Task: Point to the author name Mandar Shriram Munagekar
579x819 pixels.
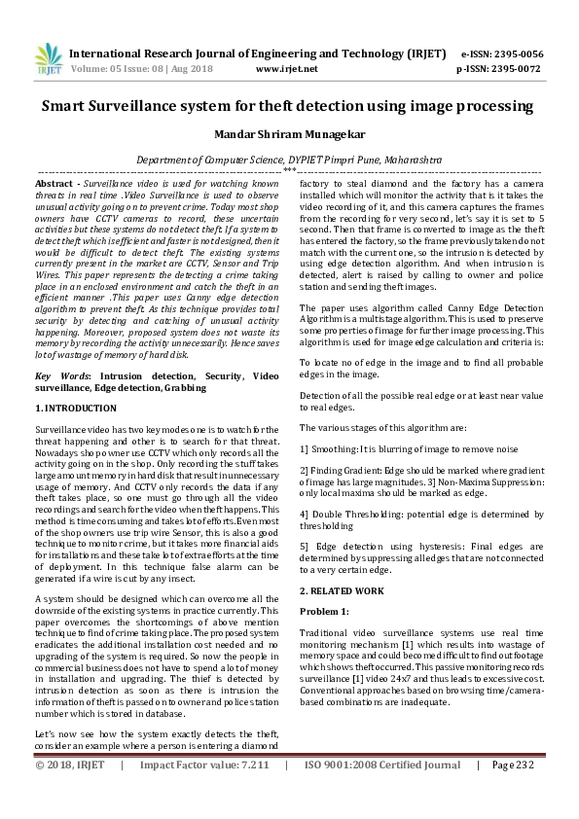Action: pos(289,133)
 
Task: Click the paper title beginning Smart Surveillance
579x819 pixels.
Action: pos(289,105)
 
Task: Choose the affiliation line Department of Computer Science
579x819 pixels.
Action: pos(289,158)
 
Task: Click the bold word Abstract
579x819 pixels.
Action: pos(54,183)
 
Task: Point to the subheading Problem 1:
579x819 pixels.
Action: pos(324,611)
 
